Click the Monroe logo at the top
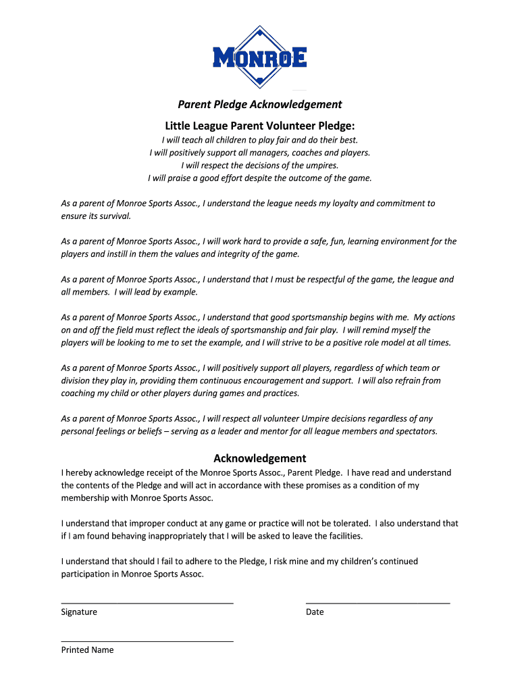point(260,57)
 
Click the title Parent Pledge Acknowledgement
point(260,104)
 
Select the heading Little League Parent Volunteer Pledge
point(260,126)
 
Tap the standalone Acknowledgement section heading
point(260,458)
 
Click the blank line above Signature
point(147,601)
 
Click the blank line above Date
point(378,601)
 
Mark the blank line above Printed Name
point(147,639)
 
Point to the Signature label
point(79,612)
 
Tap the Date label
point(315,612)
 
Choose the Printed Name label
point(87,650)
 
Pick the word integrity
point(234,254)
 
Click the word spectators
point(414,431)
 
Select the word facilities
point(341,536)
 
